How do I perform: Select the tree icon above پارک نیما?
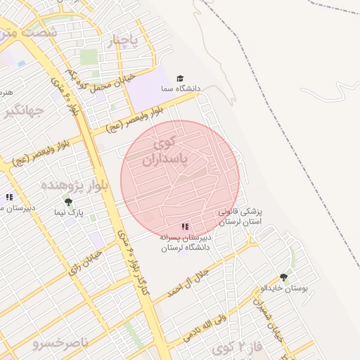tap(68, 202)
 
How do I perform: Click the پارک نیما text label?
tap(70, 212)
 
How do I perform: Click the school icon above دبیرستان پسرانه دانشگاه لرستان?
tap(184, 226)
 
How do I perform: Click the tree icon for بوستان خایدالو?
tap(284, 278)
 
